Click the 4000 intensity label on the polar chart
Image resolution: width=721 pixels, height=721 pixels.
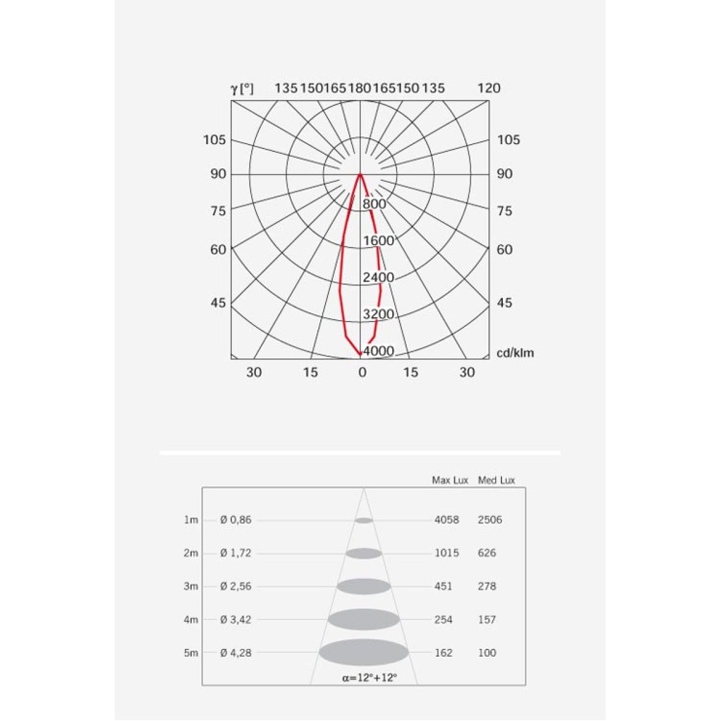(x=379, y=351)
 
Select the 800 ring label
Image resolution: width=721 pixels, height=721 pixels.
(x=374, y=204)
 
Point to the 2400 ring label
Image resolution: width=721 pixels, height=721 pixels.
(x=379, y=277)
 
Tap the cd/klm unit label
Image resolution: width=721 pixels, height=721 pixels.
(x=515, y=353)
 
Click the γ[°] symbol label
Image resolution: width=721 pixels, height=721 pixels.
(x=242, y=89)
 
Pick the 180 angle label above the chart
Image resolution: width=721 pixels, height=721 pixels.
(x=359, y=88)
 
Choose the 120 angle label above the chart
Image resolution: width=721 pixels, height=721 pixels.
(x=488, y=88)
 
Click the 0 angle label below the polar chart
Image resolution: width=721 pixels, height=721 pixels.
(x=362, y=373)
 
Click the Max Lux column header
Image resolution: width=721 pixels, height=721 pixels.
(x=450, y=481)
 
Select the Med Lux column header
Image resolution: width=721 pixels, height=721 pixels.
(x=496, y=481)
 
